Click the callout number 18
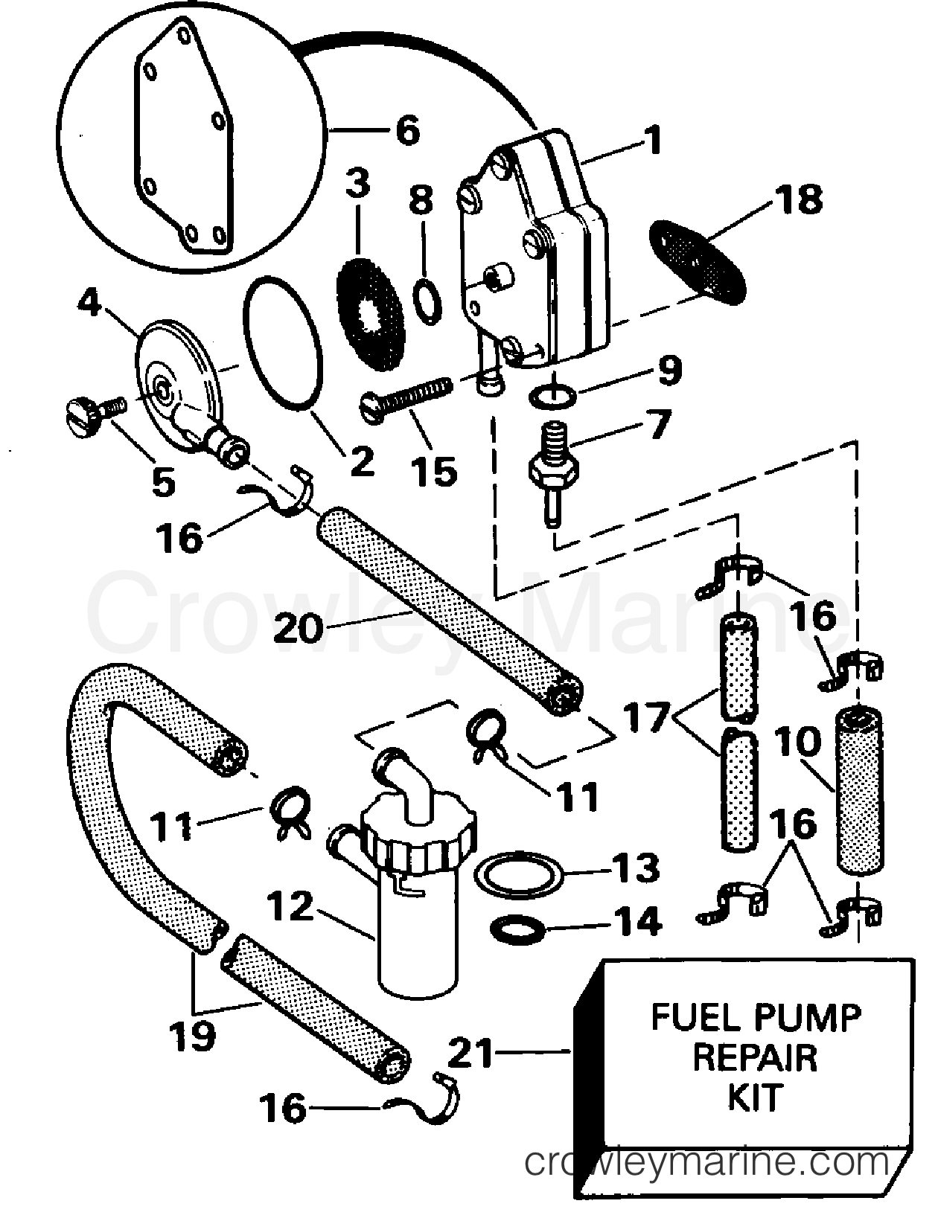tap(800, 199)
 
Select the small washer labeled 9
tap(552, 397)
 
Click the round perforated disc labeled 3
tap(371, 314)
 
